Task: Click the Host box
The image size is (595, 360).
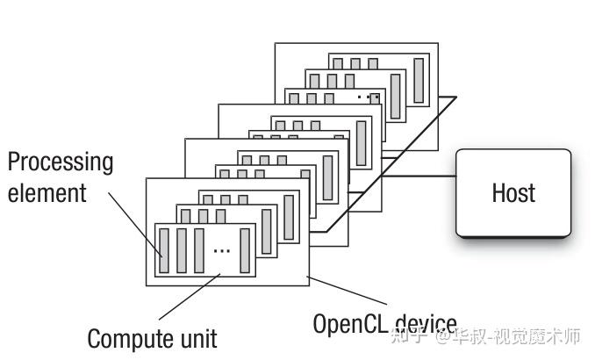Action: coord(513,192)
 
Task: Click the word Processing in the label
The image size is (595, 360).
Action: coord(61,162)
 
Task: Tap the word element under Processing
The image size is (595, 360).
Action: coord(47,192)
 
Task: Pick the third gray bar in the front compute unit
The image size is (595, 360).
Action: coord(199,250)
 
